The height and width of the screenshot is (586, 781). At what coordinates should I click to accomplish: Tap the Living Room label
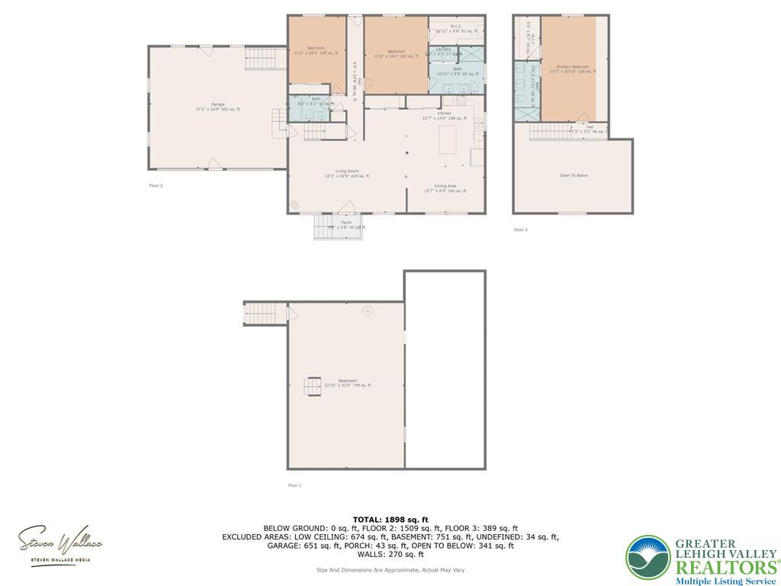pos(347,173)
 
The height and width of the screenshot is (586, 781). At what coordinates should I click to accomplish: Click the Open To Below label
pos(574,175)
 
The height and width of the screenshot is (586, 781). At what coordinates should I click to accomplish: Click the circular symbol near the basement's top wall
pos(367,311)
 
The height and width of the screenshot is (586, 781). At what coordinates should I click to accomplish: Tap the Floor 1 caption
pos(294,485)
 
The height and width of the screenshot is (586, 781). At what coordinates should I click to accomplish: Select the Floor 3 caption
pos(520,230)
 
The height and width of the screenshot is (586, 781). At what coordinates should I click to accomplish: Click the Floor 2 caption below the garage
pos(156,185)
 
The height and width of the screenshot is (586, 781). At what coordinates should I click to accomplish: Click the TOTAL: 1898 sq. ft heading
pos(390,520)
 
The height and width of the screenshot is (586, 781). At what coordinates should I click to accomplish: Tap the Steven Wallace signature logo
pos(60,544)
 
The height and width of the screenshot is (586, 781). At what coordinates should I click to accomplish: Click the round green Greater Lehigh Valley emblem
pos(648,557)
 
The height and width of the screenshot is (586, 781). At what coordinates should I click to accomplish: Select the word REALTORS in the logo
pos(725,567)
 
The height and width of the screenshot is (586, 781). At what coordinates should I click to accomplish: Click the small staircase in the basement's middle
pos(313,388)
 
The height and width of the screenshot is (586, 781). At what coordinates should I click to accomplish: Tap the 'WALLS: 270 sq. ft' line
pos(390,555)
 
